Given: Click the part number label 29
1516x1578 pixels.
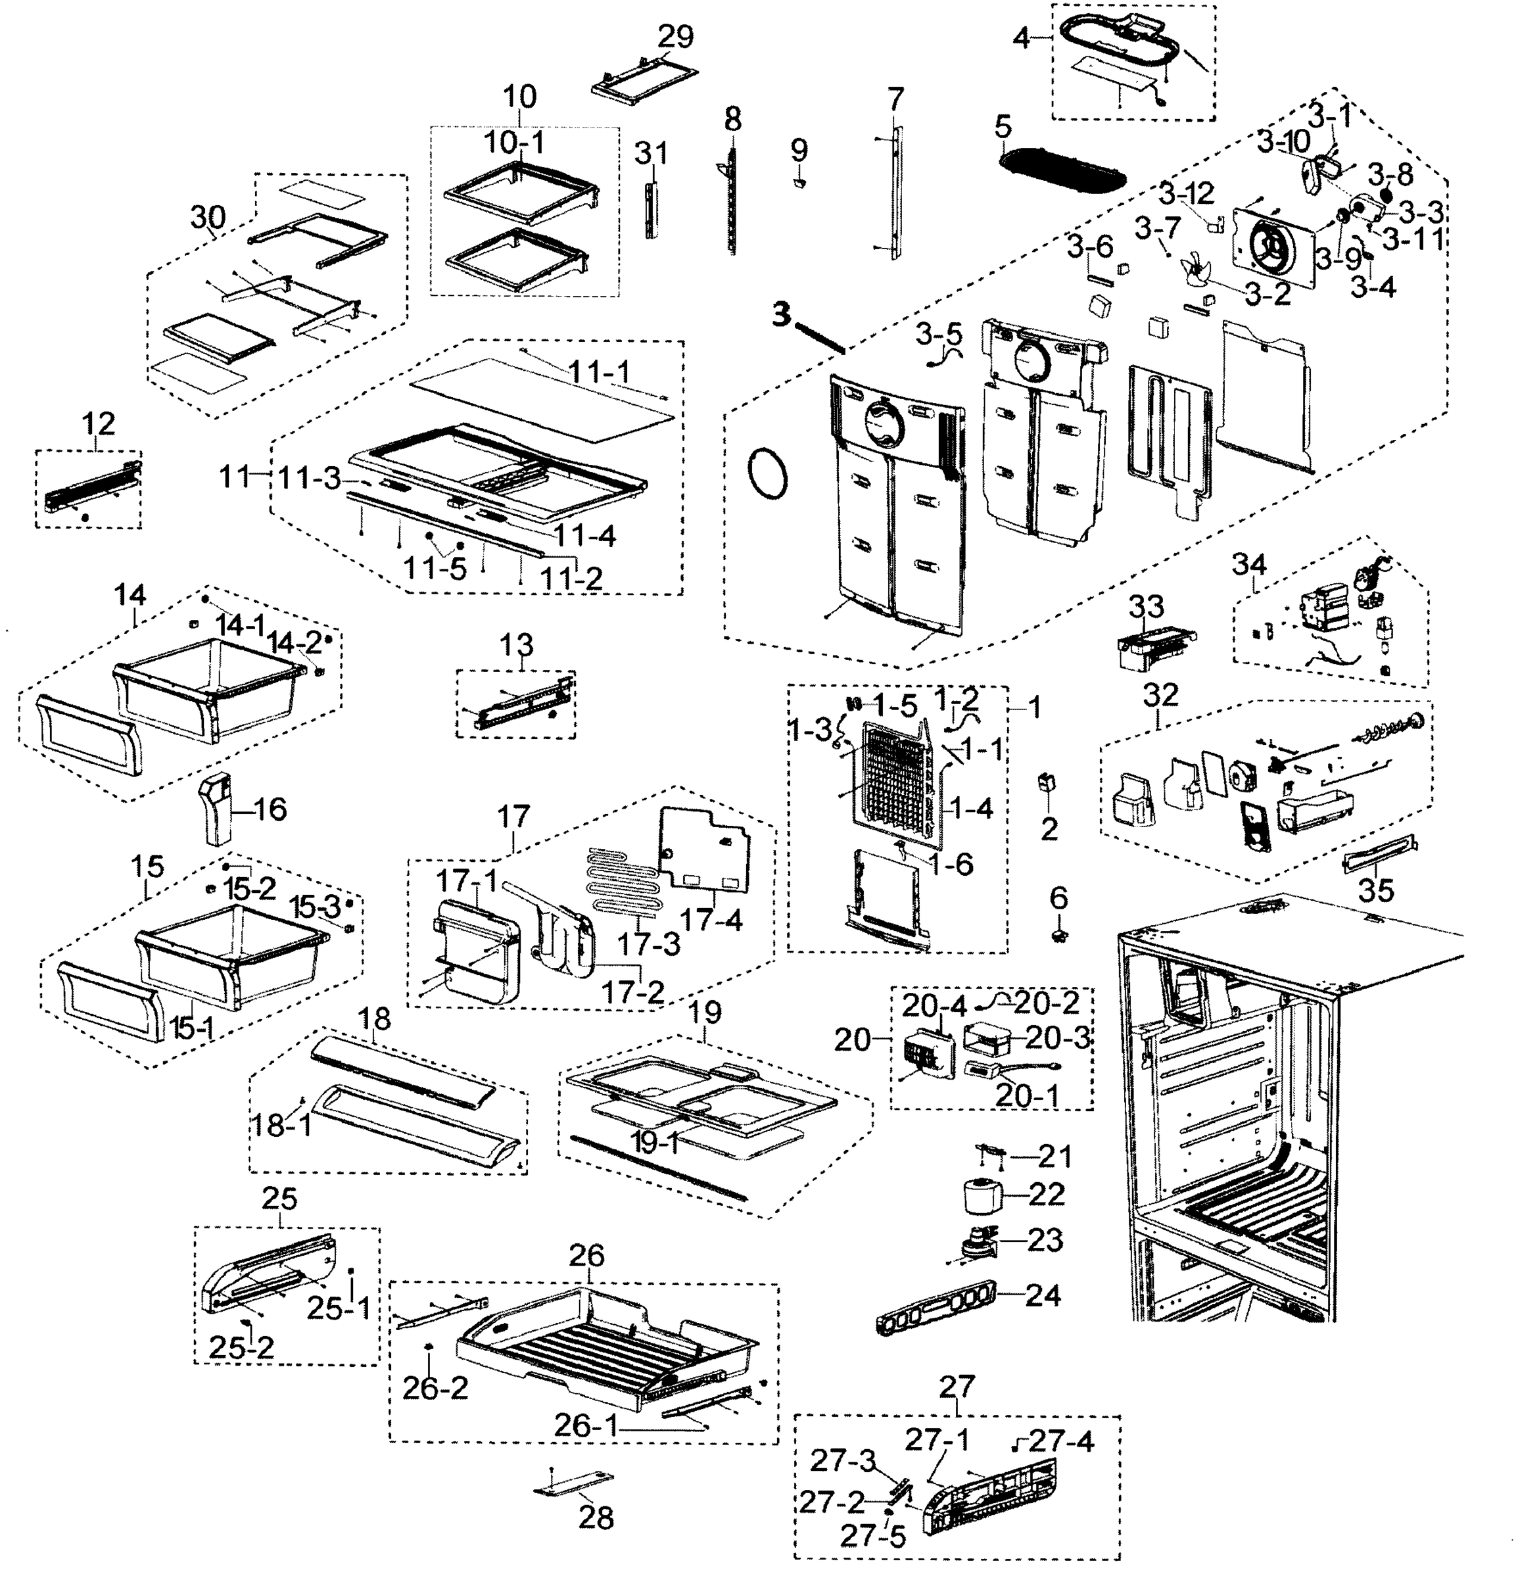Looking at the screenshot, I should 675,36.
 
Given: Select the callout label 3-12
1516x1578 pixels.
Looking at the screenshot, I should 1186,194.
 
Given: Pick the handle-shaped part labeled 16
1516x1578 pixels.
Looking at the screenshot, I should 216,807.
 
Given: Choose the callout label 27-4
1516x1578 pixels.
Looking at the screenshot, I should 1061,1441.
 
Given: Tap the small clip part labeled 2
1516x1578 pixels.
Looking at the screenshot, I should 1047,782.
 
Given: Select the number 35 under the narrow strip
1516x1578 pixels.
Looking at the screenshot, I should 1376,890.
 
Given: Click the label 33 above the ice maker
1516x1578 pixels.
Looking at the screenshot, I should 1146,606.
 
